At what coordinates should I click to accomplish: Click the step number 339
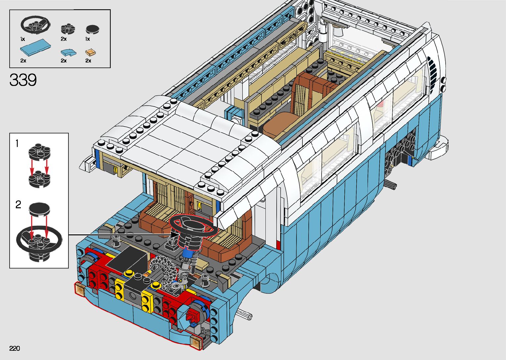pos(23,80)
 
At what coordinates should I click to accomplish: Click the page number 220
pos(15,348)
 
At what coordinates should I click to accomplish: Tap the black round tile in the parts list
pos(93,29)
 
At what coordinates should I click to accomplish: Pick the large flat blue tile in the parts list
pos(35,47)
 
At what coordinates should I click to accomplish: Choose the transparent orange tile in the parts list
pos(91,53)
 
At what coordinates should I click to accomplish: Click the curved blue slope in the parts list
pos(68,53)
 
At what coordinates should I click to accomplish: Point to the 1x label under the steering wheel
pos(22,39)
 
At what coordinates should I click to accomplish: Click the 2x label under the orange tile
pos(88,60)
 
